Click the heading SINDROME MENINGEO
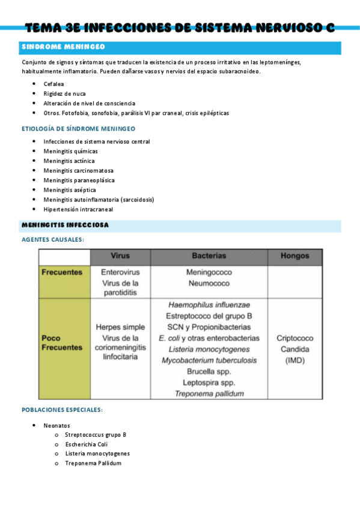click(63, 47)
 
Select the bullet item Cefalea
click(53, 84)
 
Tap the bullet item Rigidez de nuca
click(64, 94)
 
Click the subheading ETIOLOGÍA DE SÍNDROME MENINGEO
click(78, 129)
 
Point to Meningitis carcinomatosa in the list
click(78, 171)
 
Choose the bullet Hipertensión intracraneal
click(78, 209)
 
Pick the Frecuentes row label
click(62, 272)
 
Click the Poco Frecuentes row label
click(62, 343)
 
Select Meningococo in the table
click(209, 272)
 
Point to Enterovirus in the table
click(120, 272)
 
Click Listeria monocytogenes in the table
click(209, 349)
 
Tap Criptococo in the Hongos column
click(294, 338)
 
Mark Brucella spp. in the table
click(209, 372)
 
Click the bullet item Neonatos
click(56, 425)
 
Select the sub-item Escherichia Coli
click(86, 444)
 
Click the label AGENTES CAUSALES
click(53, 240)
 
